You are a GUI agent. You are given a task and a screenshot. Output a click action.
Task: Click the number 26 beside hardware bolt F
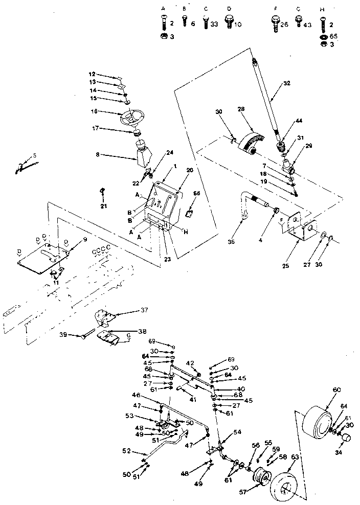coord(285,24)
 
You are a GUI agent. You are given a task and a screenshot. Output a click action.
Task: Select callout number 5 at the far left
coord(34,154)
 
